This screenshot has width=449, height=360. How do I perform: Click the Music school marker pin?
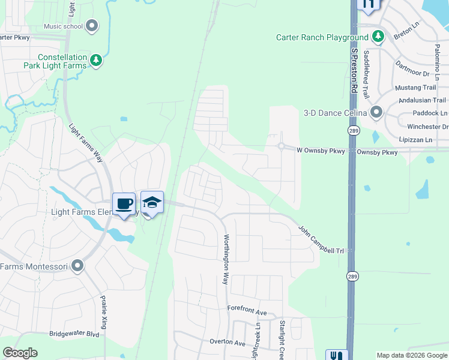[x=92, y=26]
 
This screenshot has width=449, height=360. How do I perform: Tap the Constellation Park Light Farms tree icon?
[x=95, y=60]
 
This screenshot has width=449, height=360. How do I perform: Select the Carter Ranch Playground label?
[x=322, y=37]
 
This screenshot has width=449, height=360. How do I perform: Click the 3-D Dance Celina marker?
[x=377, y=112]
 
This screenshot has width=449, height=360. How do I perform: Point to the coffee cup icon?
[x=124, y=204]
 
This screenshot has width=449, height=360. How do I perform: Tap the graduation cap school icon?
[x=152, y=203]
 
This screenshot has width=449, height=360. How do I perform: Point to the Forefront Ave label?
[x=247, y=312]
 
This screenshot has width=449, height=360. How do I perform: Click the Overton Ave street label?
[x=228, y=343]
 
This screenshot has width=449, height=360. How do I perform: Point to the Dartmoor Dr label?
[x=412, y=74]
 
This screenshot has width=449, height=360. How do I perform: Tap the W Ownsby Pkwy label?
[x=321, y=151]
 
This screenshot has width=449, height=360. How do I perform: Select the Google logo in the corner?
[x=20, y=353]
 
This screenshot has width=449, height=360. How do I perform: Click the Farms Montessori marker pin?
[x=77, y=266]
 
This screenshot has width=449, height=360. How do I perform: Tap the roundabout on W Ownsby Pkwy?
[x=281, y=146]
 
